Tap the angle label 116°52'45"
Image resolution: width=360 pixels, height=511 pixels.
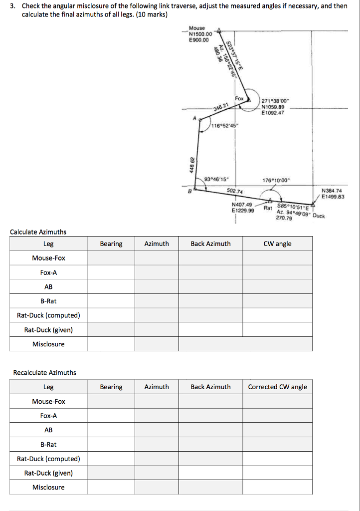pos(225,125)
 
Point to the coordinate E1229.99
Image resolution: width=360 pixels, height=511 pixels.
pos(243,211)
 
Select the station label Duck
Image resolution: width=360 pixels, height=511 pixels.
pos(317,216)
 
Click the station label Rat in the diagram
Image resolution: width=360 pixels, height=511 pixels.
pos(268,208)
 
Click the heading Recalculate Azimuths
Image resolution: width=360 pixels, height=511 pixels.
pos(44,373)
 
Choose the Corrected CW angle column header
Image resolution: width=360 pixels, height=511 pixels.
pos(278,387)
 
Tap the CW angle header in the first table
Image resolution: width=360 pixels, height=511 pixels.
pos(278,244)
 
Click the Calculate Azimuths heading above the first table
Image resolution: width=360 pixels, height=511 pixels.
pos(38,232)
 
